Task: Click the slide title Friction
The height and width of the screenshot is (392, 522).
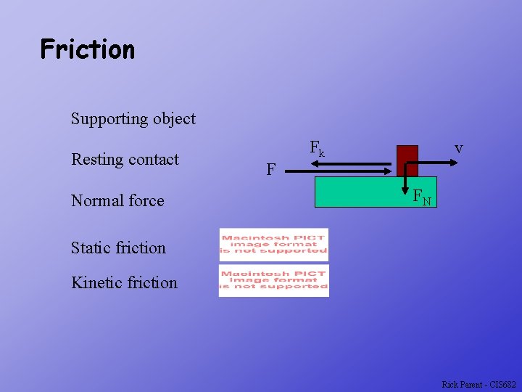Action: pyautogui.click(x=88, y=49)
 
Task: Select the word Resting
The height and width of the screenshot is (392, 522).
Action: pyautogui.click(x=97, y=160)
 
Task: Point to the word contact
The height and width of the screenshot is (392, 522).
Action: pyautogui.click(x=152, y=160)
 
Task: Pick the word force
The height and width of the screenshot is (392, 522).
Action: pyautogui.click(x=147, y=201)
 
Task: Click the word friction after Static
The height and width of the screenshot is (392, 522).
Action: pyautogui.click(x=143, y=248)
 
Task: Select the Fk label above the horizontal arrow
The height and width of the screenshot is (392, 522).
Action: pyautogui.click(x=318, y=149)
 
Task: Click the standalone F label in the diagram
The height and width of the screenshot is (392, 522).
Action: pyautogui.click(x=270, y=170)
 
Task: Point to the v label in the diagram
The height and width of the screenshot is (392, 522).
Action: pyautogui.click(x=459, y=148)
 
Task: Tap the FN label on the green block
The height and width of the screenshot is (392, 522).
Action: pyautogui.click(x=422, y=197)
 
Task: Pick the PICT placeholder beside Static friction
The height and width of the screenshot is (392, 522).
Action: pyautogui.click(x=274, y=245)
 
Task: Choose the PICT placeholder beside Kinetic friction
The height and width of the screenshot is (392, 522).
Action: pyautogui.click(x=274, y=280)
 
